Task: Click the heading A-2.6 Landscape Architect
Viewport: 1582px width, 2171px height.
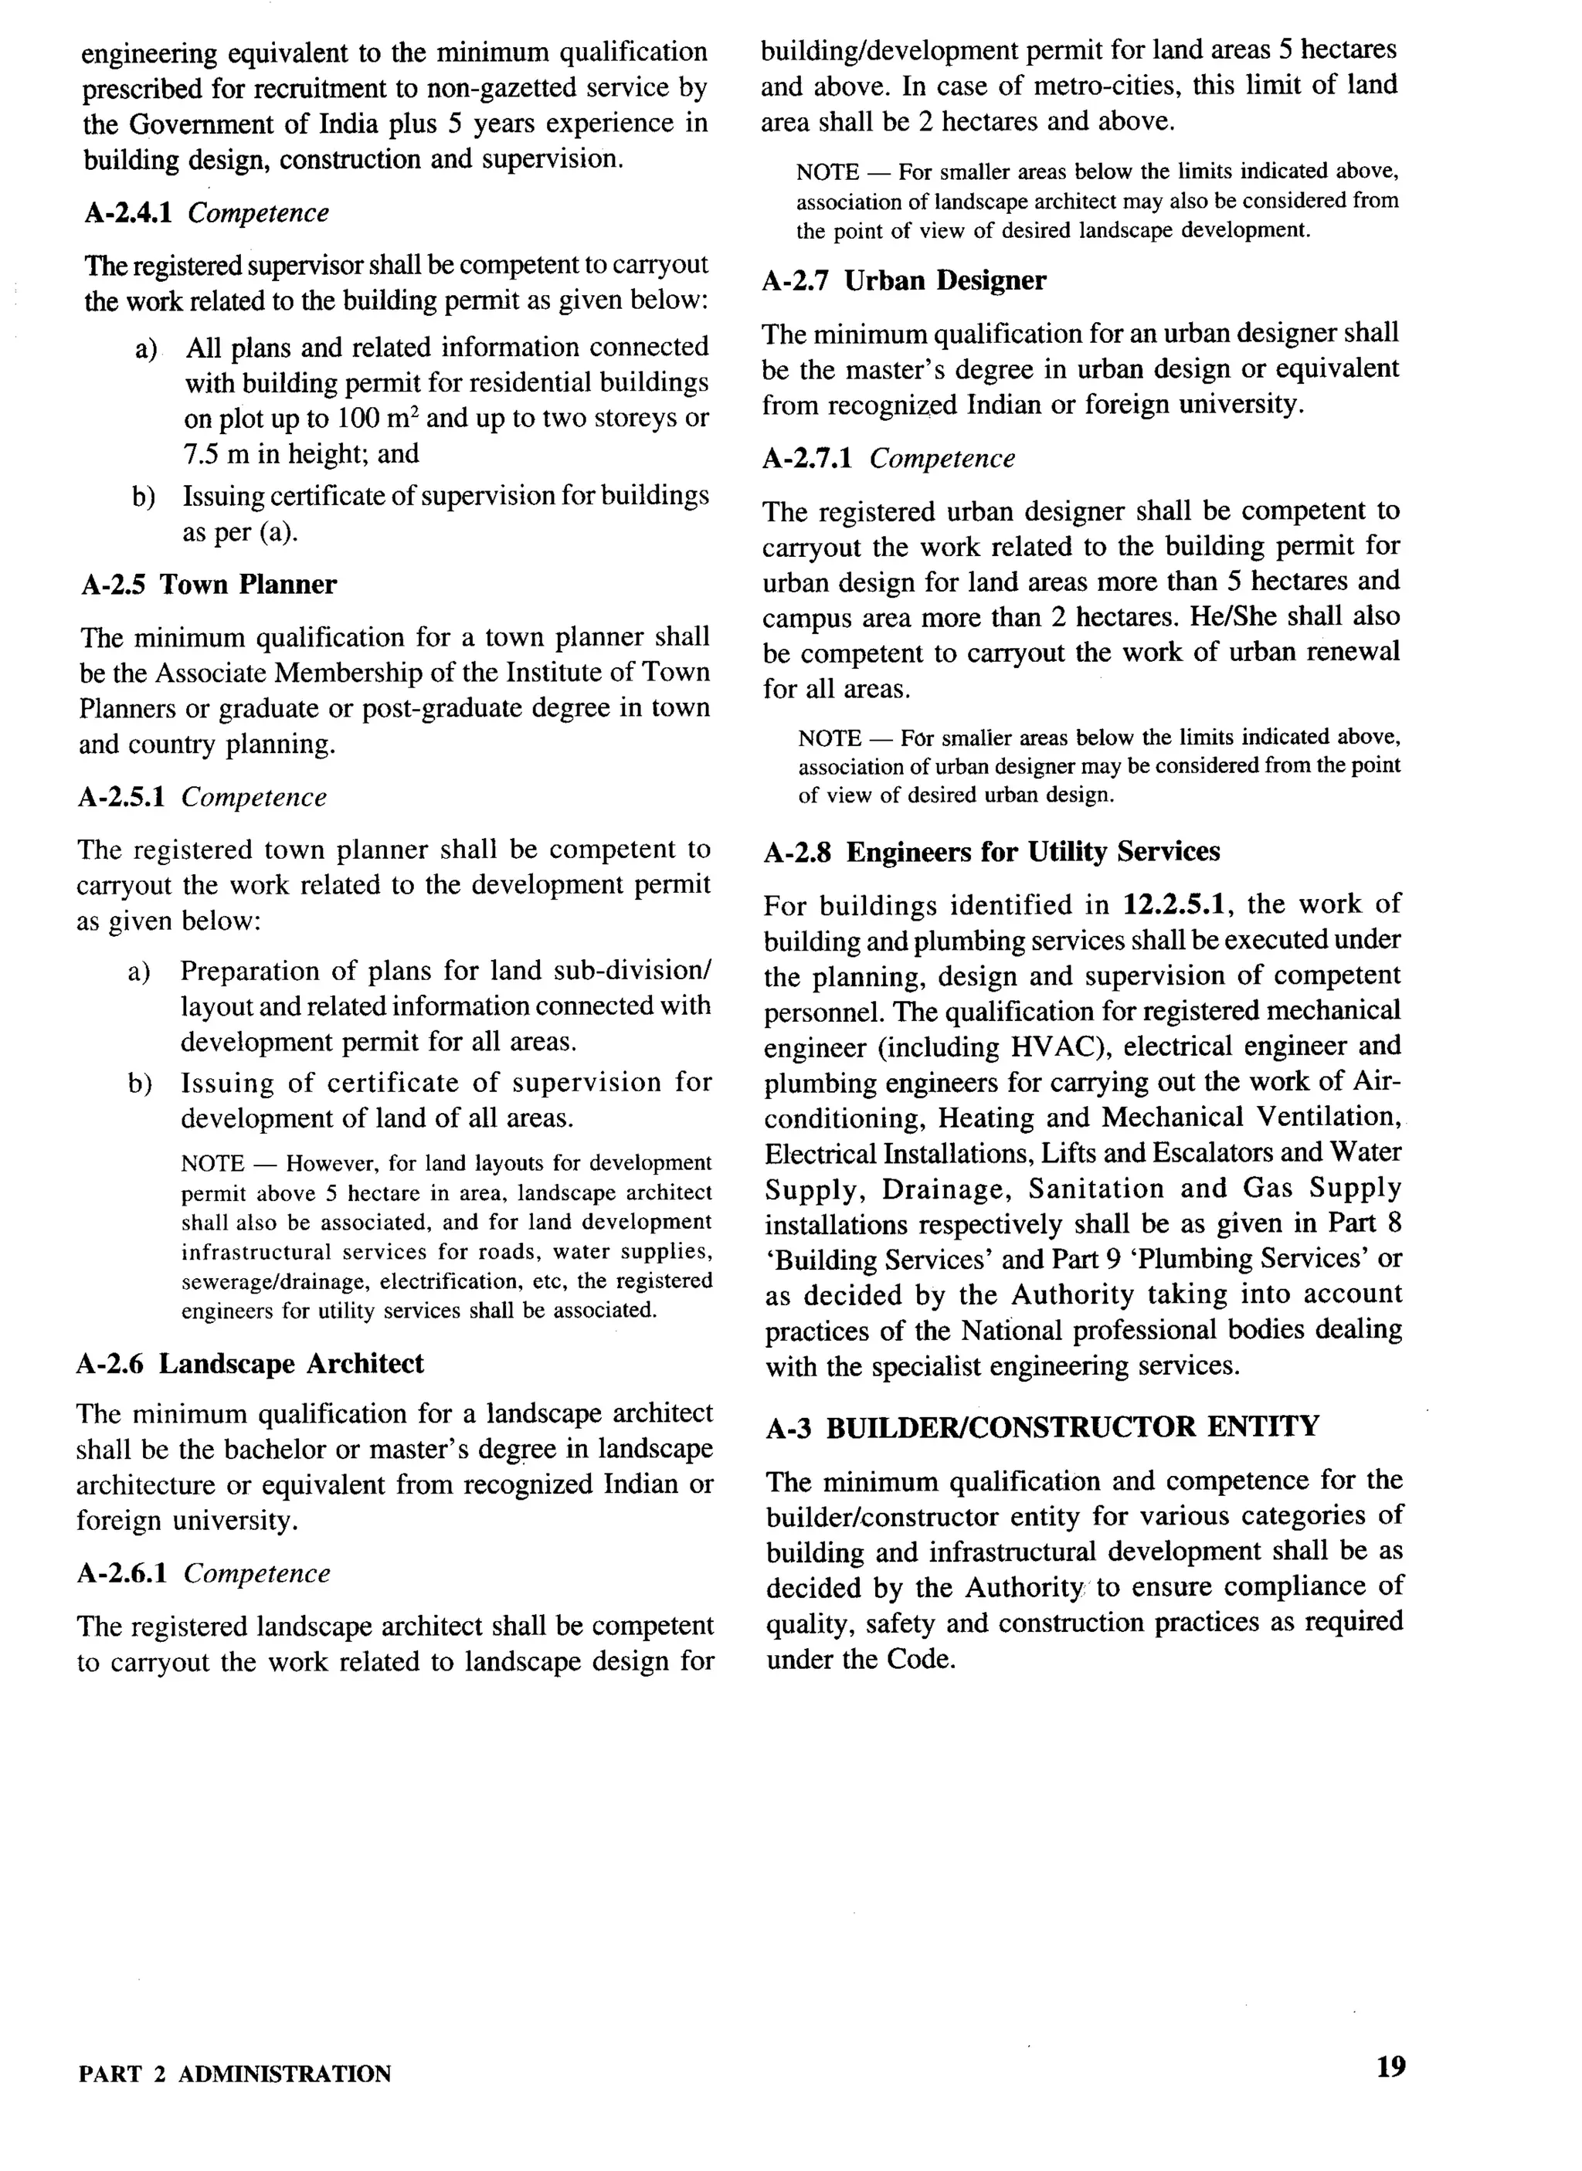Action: pos(250,1363)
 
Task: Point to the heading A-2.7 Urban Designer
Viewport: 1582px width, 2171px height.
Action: pos(904,280)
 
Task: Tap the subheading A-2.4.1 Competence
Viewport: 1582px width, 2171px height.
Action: pos(206,212)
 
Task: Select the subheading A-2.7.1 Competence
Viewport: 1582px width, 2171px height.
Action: pos(888,459)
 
